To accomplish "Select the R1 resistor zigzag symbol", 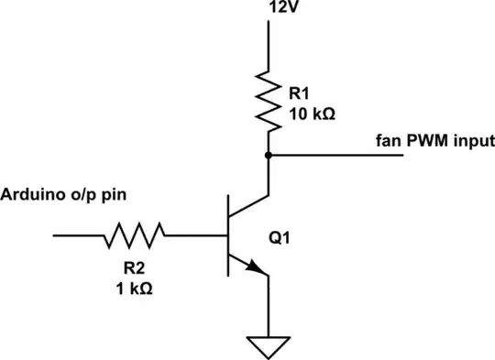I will click(269, 101).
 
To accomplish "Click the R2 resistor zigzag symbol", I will click(136, 235).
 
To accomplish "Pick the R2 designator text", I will click(134, 269).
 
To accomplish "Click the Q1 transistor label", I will click(280, 236).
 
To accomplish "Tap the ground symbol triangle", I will click(269, 346).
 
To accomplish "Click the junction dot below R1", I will click(269, 156).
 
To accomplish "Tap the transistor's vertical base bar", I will click(228, 235).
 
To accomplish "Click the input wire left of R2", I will click(78, 235).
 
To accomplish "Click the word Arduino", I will click(29, 195).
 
